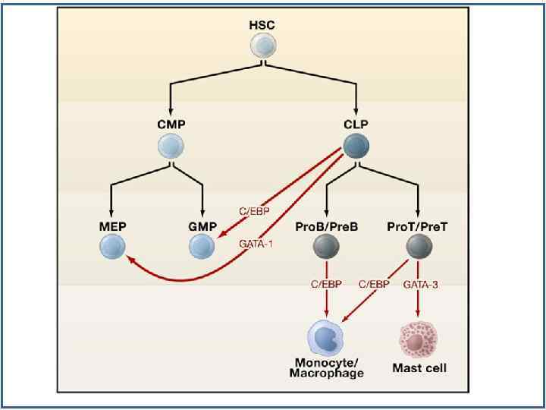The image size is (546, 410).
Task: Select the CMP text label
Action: tap(171, 124)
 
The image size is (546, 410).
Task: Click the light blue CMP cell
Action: tap(171, 146)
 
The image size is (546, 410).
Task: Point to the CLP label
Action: tap(356, 124)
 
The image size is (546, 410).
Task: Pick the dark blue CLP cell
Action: tap(356, 146)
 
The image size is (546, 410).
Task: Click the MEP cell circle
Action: tap(111, 246)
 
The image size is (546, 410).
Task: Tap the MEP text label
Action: tap(111, 226)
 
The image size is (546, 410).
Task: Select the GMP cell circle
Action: tap(202, 246)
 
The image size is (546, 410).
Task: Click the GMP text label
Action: tap(202, 226)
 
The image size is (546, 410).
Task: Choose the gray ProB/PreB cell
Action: tap(326, 246)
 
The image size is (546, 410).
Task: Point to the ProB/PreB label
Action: tap(326, 226)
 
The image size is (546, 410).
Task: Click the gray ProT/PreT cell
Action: tap(419, 246)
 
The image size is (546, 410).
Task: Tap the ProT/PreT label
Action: tap(419, 226)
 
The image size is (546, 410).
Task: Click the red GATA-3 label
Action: tap(421, 284)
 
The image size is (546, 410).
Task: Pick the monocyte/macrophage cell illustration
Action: tap(325, 338)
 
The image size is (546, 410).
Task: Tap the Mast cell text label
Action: tap(419, 368)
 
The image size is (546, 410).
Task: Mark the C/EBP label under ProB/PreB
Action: tap(326, 284)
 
